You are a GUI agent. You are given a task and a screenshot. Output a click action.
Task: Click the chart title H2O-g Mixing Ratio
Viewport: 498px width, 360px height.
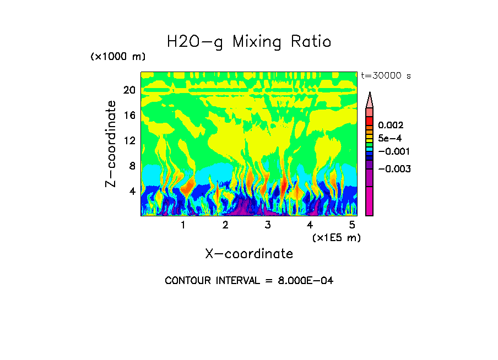tap(249, 42)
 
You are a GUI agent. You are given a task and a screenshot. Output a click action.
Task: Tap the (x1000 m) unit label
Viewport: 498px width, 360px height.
tap(118, 57)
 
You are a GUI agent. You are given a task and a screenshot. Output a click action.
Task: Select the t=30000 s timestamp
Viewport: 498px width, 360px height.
tap(386, 75)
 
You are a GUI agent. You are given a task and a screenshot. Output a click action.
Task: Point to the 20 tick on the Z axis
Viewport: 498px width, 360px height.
tap(129, 90)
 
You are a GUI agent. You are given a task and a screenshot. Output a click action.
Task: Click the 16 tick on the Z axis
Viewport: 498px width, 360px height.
tap(129, 115)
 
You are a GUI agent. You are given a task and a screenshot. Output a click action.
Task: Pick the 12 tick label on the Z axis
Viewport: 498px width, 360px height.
tap(129, 140)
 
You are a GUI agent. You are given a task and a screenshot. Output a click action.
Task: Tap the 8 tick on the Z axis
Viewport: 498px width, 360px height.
tap(132, 166)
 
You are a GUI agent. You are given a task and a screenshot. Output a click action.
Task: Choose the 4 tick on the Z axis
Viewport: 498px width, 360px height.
tap(132, 191)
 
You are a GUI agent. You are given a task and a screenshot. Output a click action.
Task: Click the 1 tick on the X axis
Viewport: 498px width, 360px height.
tap(183, 225)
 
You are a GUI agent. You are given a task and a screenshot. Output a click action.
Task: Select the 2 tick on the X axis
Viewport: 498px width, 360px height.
tap(225, 225)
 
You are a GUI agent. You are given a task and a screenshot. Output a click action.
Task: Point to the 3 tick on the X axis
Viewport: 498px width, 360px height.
tap(267, 225)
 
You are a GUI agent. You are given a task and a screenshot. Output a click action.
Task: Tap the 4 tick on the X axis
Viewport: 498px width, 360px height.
tap(310, 225)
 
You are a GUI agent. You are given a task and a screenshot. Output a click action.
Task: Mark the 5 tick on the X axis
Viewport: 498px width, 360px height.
tap(352, 225)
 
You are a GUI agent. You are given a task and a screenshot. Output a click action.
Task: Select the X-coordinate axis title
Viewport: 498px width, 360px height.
tap(249, 254)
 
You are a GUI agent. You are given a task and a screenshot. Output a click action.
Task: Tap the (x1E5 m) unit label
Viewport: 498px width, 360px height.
tap(336, 237)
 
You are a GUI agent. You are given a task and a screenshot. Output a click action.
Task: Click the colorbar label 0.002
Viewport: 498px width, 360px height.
tap(391, 126)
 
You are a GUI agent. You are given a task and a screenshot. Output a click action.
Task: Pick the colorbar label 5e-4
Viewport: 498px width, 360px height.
tap(389, 138)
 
